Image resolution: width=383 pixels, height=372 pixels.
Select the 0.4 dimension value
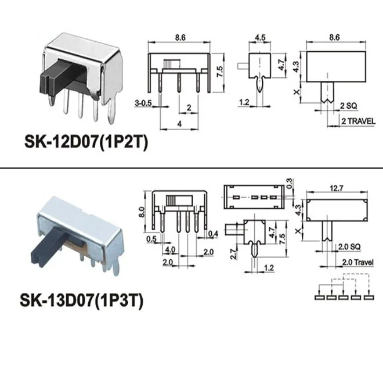coord(213,234)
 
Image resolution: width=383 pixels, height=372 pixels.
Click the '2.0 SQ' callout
coord(348,246)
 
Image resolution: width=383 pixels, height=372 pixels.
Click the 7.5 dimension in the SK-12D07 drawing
coord(219,72)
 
